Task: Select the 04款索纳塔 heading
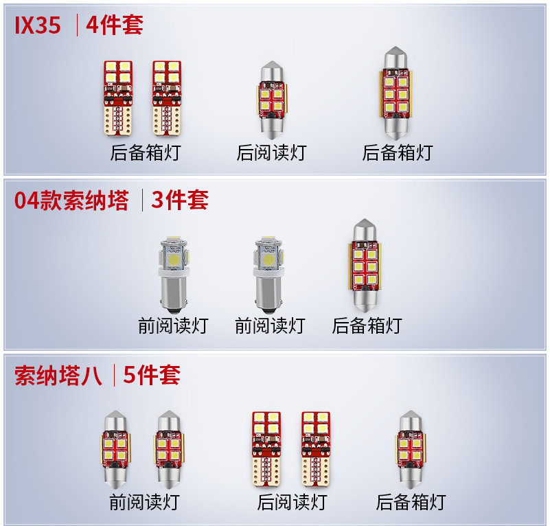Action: click(x=71, y=201)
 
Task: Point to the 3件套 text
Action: click(x=179, y=201)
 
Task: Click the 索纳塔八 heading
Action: click(x=58, y=376)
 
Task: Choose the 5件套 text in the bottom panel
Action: click(x=152, y=376)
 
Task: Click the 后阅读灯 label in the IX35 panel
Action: click(x=271, y=152)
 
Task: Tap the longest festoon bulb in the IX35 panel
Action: click(x=398, y=91)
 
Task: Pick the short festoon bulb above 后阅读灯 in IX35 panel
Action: click(x=271, y=99)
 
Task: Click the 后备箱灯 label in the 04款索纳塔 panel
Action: click(x=367, y=325)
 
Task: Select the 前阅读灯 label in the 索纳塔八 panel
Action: click(x=144, y=502)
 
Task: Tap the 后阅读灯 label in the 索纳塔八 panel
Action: click(x=292, y=502)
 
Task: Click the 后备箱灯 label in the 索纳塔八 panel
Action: click(x=411, y=502)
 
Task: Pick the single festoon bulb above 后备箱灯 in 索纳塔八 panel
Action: click(x=411, y=447)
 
